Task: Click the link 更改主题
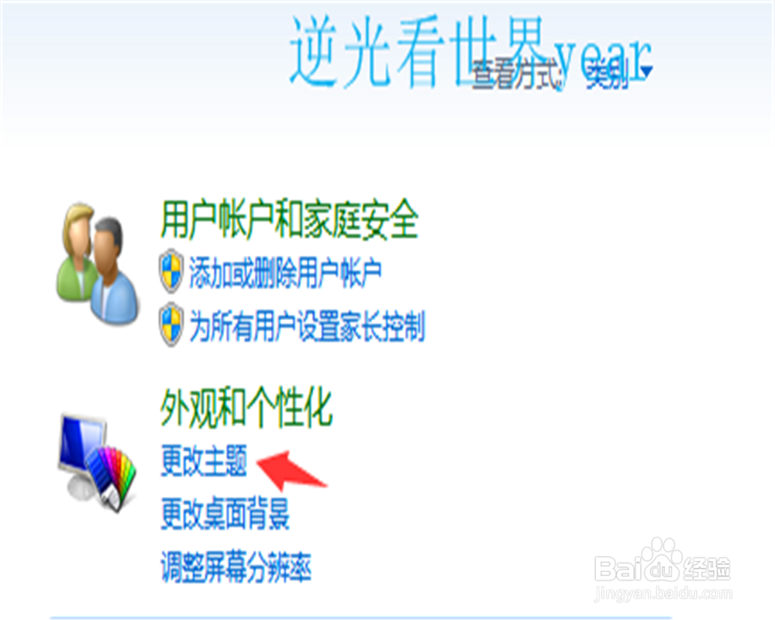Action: pyautogui.click(x=204, y=463)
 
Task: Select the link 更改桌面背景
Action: pyautogui.click(x=225, y=515)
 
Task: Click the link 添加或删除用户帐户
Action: pyautogui.click(x=285, y=272)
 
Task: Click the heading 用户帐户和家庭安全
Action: pyautogui.click(x=289, y=222)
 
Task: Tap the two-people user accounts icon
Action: pyautogui.click(x=97, y=261)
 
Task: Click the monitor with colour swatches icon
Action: pyautogui.click(x=97, y=461)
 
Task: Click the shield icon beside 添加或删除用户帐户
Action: pyautogui.click(x=170, y=271)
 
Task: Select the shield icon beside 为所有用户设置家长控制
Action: pyautogui.click(x=170, y=325)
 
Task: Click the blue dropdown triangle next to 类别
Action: pyautogui.click(x=646, y=72)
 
